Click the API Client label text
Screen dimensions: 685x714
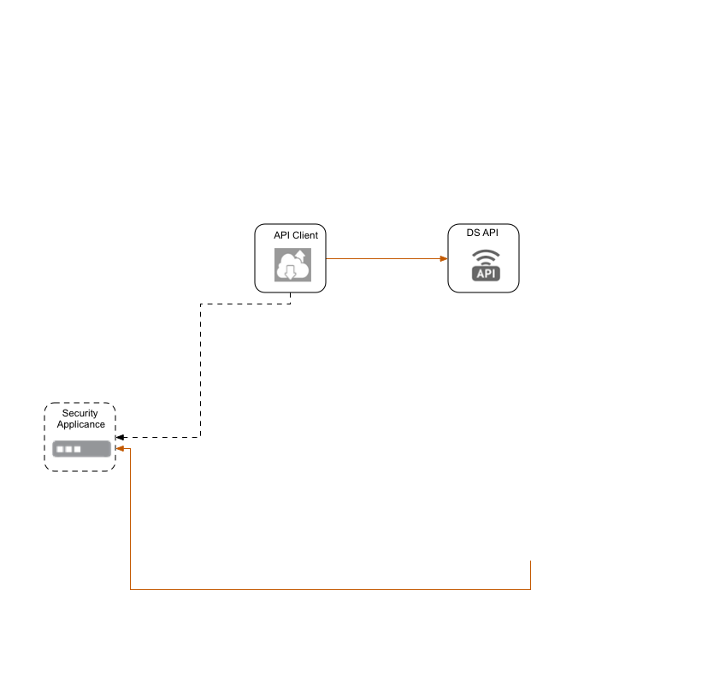[296, 235]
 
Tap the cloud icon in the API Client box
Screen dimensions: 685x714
[291, 266]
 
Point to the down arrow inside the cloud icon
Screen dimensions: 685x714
[291, 273]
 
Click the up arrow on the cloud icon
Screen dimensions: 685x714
[300, 257]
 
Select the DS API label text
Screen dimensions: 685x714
[483, 233]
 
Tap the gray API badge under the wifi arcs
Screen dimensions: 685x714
[486, 274]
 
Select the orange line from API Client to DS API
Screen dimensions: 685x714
[385, 258]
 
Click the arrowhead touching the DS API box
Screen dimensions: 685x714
[444, 258]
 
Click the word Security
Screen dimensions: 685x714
[80, 414]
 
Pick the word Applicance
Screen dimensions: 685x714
[81, 424]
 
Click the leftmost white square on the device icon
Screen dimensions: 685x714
[59, 449]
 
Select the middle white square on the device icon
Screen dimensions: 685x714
[68, 449]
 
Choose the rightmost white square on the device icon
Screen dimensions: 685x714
[77, 449]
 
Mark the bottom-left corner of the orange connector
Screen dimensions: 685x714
[130, 589]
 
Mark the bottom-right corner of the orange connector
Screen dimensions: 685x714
[531, 589]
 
